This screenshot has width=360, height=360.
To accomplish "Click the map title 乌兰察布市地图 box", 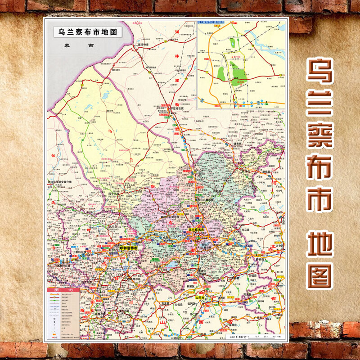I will coord(84,32).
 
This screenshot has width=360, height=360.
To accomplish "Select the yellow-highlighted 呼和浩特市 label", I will coord(127,247).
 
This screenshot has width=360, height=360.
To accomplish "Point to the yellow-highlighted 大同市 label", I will coord(200,298).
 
